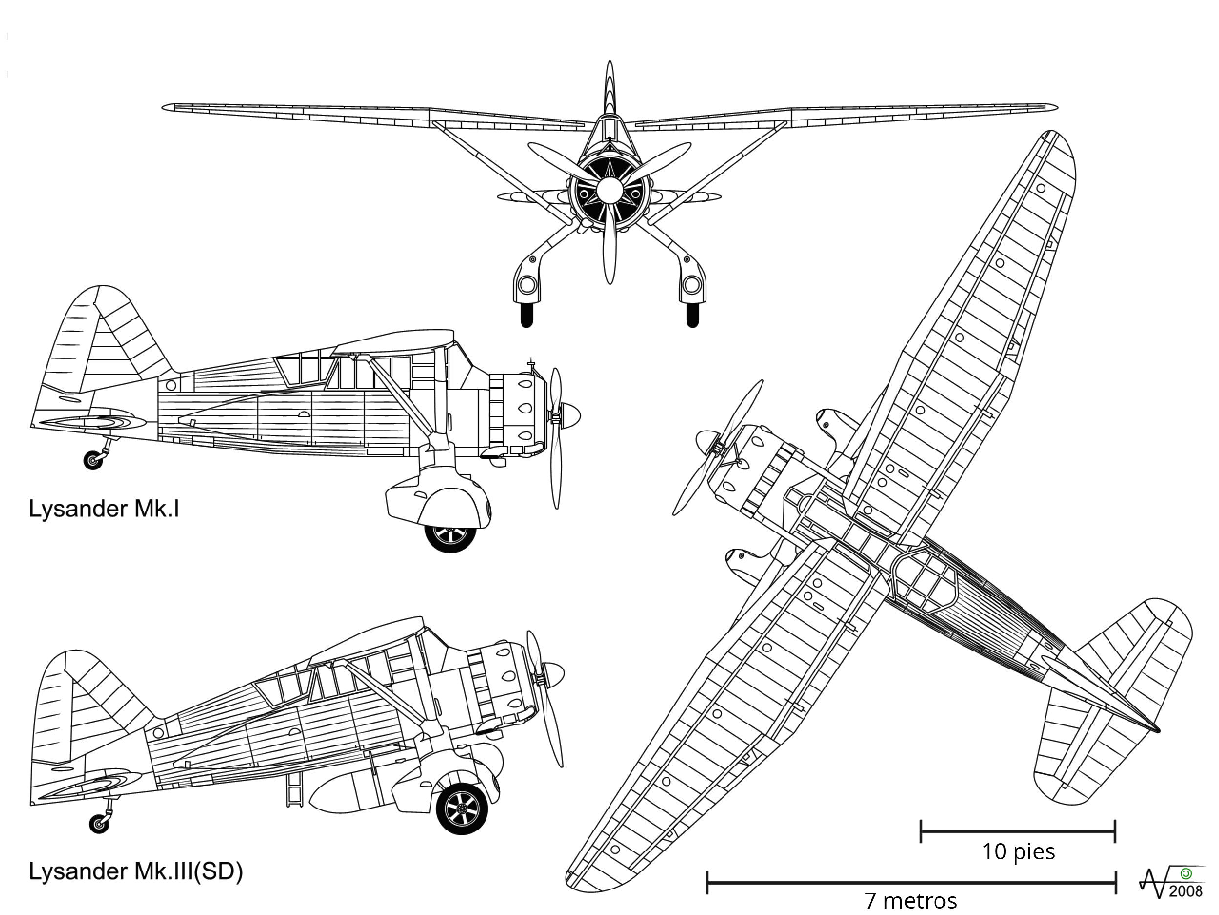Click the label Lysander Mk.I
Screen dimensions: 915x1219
[104, 509]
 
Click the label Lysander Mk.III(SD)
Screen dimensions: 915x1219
[135, 871]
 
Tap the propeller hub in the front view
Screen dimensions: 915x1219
[609, 191]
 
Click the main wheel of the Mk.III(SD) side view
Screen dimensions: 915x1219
[462, 809]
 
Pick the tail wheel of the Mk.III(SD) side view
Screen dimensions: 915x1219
[99, 824]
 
